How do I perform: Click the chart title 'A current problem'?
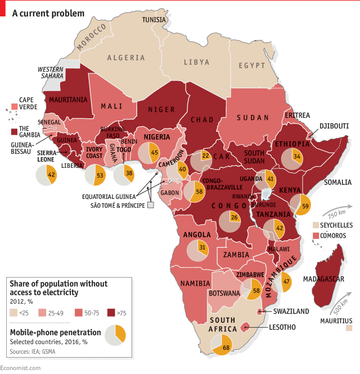coord(49,12)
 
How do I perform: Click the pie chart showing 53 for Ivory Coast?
coord(95,175)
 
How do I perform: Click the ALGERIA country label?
coord(126,58)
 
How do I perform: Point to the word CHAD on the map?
coord(202,120)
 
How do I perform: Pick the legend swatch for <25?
coord(14,311)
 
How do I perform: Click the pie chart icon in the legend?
coord(115,335)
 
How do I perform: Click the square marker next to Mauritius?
coord(349,327)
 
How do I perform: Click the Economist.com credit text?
coord(21,368)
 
